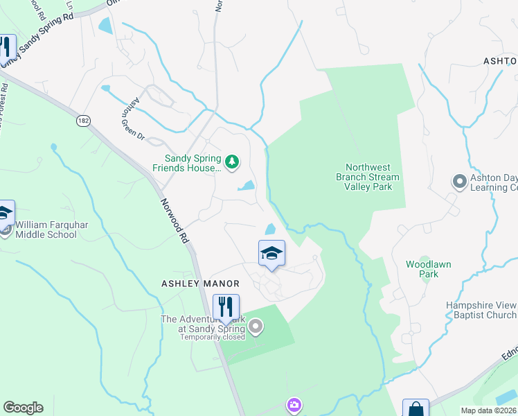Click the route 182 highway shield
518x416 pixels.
coord(84,121)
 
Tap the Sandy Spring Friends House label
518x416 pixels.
coord(188,162)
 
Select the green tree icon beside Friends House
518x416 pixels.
coord(232,163)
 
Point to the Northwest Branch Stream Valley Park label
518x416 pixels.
coord(373,177)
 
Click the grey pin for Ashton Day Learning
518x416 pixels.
coord(458,182)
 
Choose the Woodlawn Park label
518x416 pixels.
coord(422,269)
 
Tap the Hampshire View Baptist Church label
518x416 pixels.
coord(481,309)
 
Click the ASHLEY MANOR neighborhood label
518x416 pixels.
coord(200,284)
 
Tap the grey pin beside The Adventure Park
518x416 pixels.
coord(256,325)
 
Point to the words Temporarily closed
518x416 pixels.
coord(213,338)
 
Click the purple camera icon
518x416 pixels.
coord(294,405)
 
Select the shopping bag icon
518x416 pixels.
coord(416,410)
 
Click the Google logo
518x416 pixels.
coord(23,408)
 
